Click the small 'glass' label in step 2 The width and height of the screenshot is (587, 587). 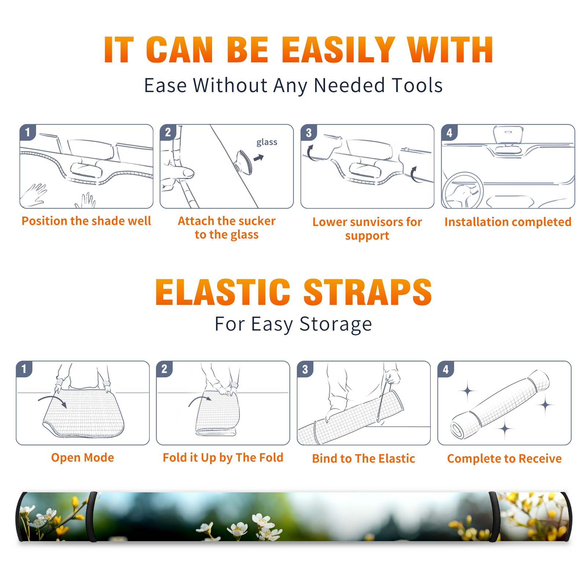click(x=267, y=142)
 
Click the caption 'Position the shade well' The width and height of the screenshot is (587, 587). click(x=86, y=221)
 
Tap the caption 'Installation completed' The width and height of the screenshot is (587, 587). click(x=508, y=222)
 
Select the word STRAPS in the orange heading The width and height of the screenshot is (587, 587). click(x=368, y=292)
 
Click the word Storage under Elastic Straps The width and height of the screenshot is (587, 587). click(x=336, y=324)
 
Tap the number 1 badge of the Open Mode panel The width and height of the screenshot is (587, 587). click(x=24, y=369)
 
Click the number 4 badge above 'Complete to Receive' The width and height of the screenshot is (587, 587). click(x=446, y=369)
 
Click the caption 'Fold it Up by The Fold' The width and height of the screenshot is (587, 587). click(x=223, y=457)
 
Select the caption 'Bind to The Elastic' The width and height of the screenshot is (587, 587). click(x=364, y=459)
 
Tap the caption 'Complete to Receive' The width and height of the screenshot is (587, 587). click(x=504, y=459)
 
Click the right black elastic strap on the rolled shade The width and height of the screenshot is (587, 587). click(x=494, y=517)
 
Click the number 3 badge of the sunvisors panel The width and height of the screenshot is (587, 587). click(x=309, y=132)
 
